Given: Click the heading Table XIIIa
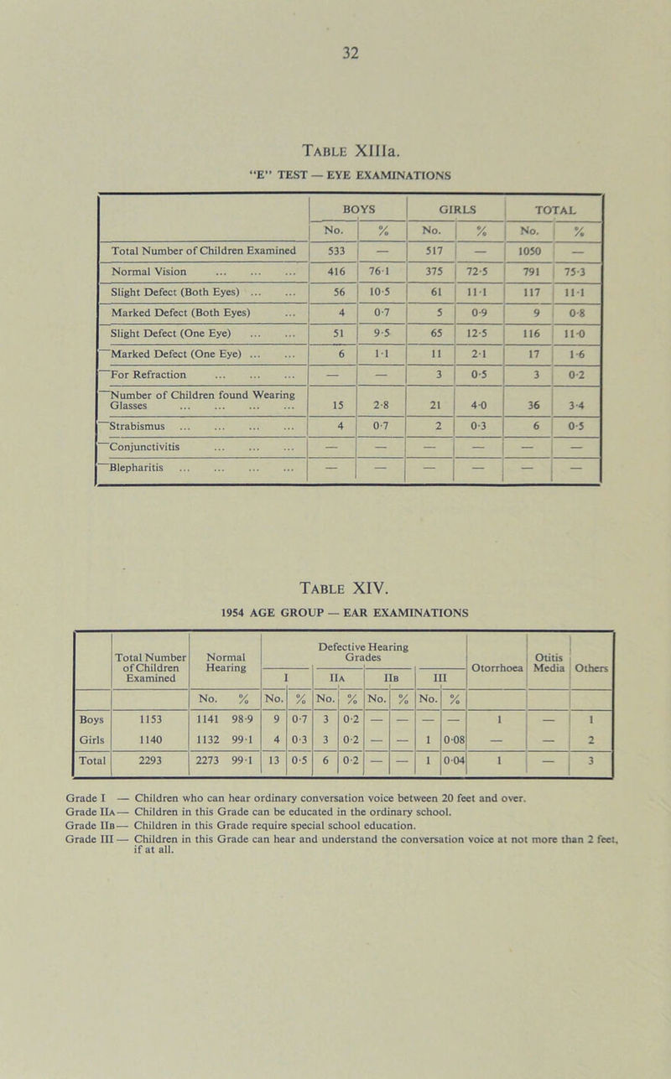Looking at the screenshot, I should click(335, 151).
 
